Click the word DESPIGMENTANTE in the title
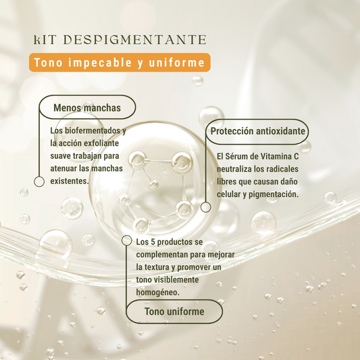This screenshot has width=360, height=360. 134,40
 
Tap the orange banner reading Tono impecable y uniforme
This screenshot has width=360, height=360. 120,62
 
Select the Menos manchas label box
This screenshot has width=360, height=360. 87,107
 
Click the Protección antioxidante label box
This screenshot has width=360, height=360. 257,131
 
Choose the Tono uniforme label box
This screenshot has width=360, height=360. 174,311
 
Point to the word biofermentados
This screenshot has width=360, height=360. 93,130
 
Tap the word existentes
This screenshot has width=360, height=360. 70,181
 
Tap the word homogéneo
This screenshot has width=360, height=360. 158,292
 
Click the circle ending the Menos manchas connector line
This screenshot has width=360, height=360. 39,182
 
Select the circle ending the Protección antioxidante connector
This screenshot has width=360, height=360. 206,207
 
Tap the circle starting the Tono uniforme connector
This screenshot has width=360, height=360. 126,240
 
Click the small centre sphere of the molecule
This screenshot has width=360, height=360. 153,184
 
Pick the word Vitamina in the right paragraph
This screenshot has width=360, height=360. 276,156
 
